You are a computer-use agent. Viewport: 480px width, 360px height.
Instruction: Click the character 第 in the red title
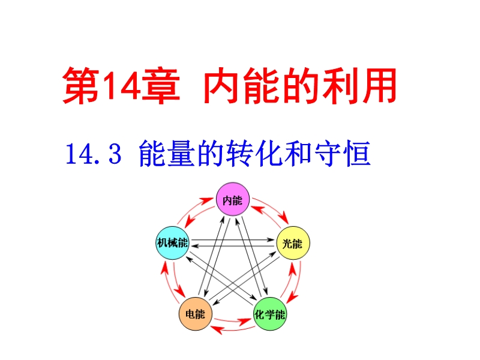(x=81, y=86)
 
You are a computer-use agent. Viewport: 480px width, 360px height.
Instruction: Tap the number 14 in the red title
(x=121, y=86)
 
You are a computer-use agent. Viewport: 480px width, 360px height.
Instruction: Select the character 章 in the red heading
(x=160, y=86)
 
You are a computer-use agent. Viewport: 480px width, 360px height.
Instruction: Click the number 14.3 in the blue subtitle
(x=94, y=154)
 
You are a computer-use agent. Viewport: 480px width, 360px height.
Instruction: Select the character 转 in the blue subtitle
(x=239, y=154)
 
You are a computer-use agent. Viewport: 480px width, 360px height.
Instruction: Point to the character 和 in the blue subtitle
(x=298, y=154)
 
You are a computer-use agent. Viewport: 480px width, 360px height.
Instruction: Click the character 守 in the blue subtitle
(x=327, y=154)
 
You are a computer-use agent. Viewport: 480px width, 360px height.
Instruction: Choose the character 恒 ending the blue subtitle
(x=356, y=154)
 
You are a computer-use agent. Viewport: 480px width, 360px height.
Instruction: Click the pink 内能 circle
(x=233, y=199)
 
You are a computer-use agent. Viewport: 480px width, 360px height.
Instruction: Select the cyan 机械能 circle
(x=172, y=243)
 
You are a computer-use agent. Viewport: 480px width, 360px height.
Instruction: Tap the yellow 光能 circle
(x=293, y=243)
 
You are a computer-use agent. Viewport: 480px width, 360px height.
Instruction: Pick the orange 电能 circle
(x=196, y=314)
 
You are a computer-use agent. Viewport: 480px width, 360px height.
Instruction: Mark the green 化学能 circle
(x=270, y=314)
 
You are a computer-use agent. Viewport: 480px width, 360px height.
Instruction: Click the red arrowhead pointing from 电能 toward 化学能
(x=245, y=322)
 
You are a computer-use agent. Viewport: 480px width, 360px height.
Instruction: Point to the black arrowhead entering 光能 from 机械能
(x=271, y=239)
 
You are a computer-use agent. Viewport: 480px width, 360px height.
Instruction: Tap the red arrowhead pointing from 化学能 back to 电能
(x=217, y=329)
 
